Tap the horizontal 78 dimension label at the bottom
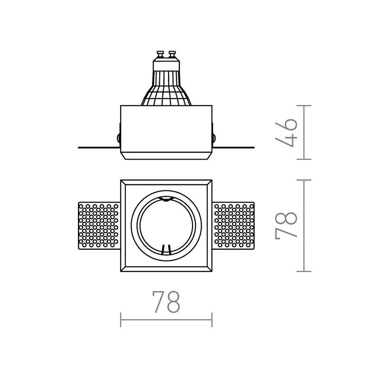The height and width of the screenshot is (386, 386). [x=166, y=302]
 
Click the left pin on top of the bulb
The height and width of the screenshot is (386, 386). [x=160, y=55]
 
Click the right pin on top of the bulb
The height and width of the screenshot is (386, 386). [x=172, y=55]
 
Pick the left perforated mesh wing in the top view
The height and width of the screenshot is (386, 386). [x=99, y=226]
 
